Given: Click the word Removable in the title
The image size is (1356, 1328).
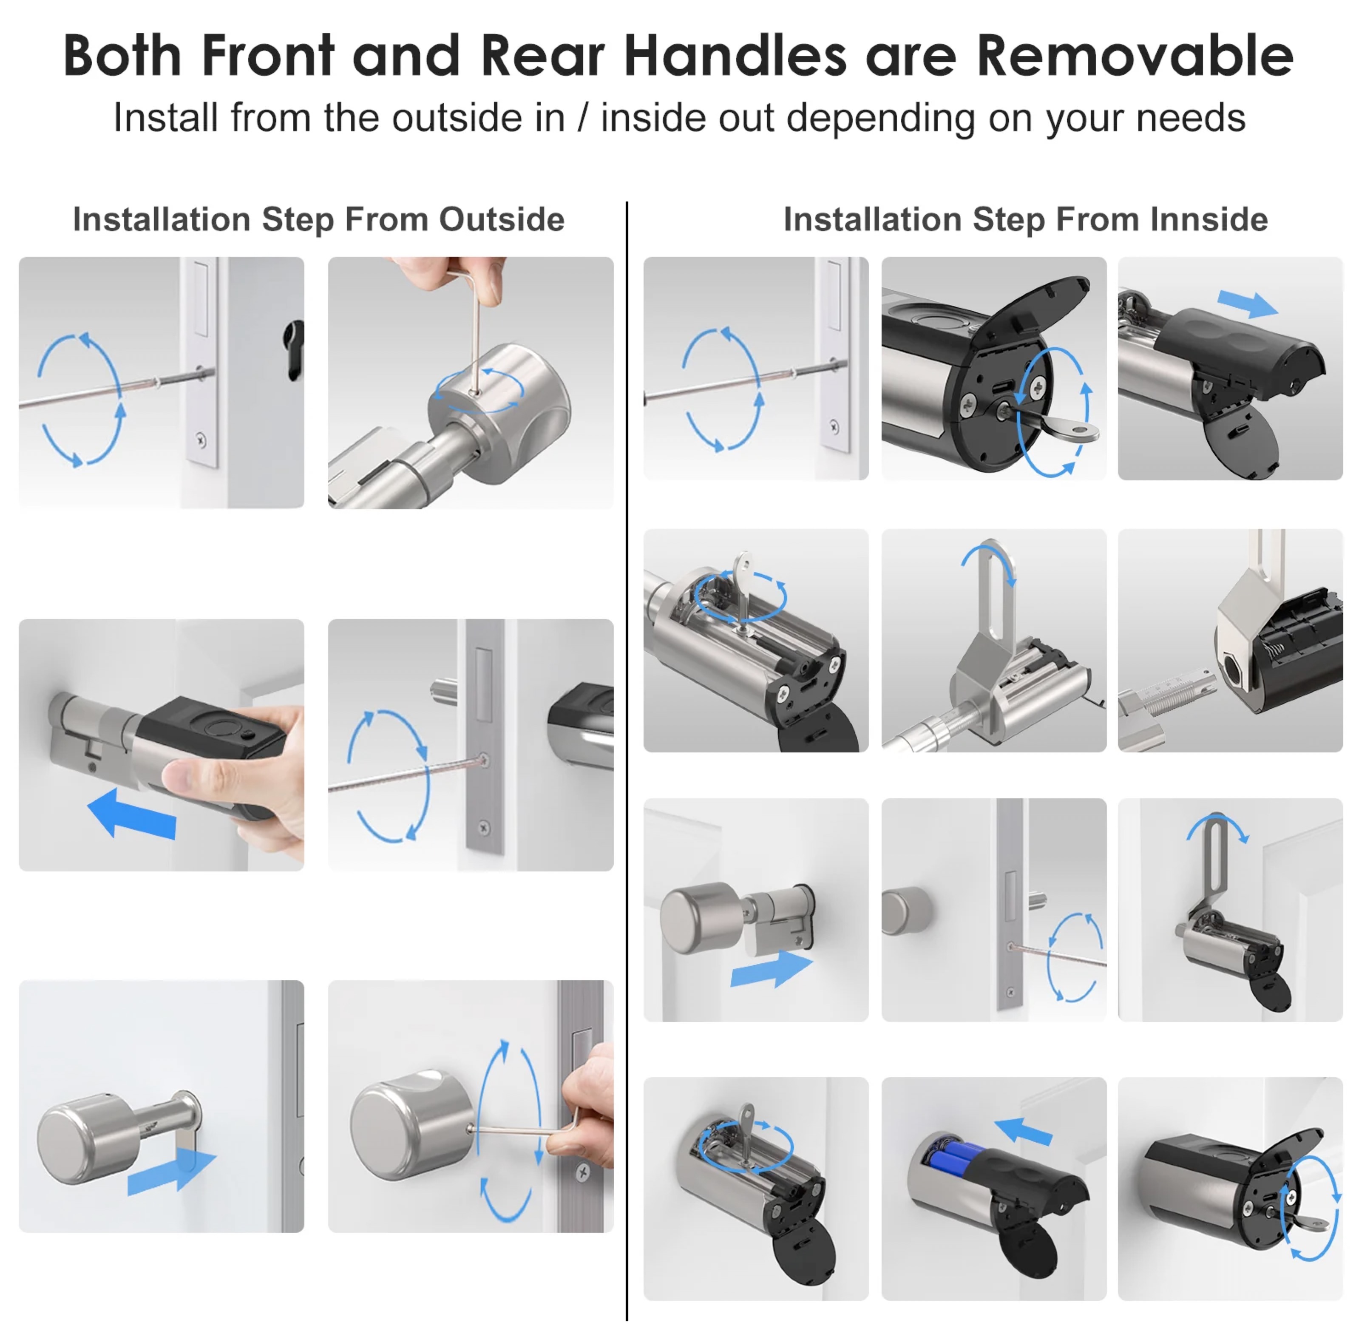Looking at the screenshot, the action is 1135,56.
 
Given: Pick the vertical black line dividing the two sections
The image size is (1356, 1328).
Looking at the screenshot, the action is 627,760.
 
